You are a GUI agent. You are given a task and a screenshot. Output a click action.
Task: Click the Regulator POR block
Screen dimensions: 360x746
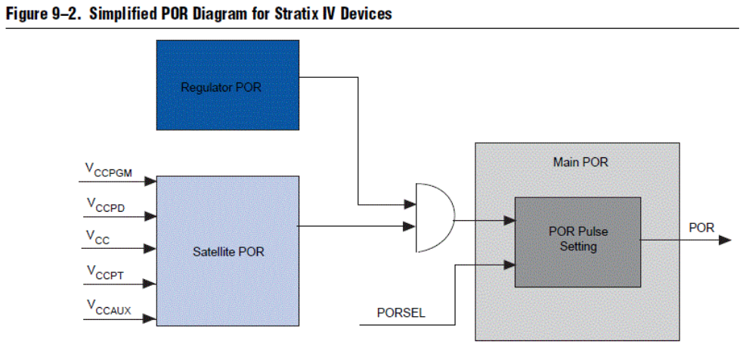click(227, 85)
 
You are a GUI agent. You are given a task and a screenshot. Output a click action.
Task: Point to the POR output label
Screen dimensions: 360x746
click(701, 228)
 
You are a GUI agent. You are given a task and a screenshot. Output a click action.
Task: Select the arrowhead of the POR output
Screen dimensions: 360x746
click(726, 241)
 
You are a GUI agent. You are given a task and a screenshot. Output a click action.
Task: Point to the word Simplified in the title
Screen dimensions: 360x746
click(121, 13)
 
